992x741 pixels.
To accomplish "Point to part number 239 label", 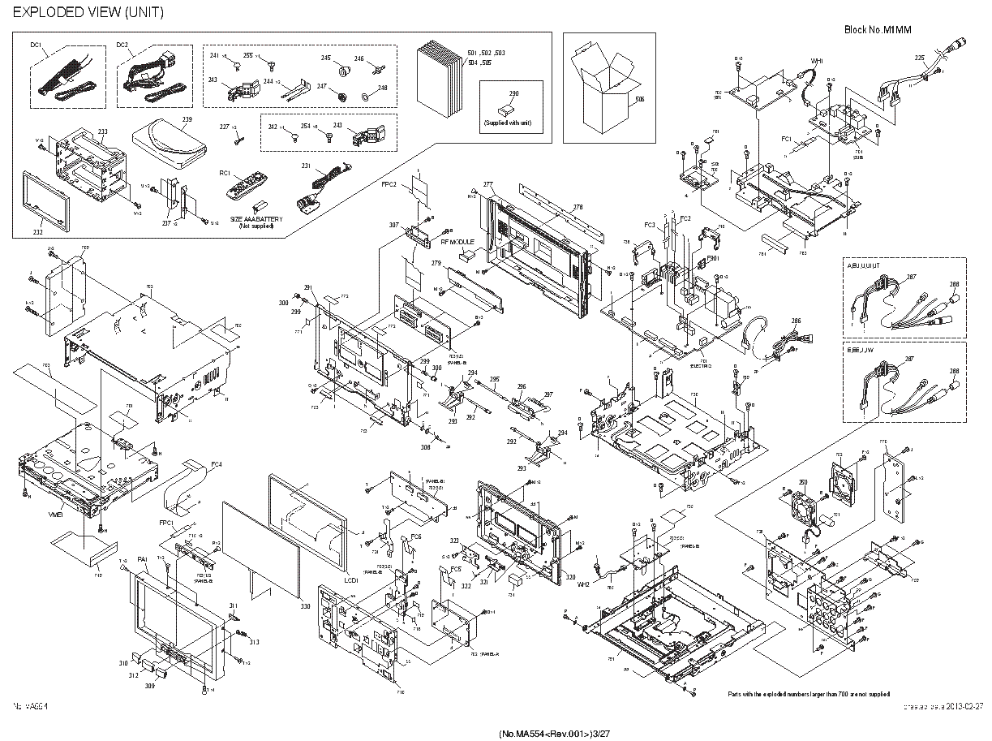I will (187, 120).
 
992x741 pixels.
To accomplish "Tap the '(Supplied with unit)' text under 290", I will (513, 123).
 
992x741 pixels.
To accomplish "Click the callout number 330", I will (304, 606).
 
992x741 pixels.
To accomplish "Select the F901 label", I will (713, 258).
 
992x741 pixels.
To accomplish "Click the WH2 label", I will (582, 584).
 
